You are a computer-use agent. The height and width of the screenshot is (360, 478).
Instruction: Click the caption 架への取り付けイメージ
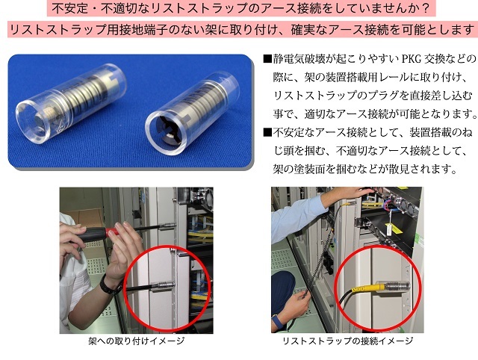[x=137, y=341]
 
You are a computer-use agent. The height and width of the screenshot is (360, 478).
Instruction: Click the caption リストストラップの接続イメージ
[x=348, y=341]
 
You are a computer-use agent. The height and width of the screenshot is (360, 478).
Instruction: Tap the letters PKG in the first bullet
[x=413, y=58]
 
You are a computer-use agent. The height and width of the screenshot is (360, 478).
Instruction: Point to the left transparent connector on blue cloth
[x=71, y=102]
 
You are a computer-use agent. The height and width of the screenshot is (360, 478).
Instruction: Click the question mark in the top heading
[x=426, y=8]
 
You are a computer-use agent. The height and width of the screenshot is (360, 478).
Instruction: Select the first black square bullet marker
[x=267, y=58]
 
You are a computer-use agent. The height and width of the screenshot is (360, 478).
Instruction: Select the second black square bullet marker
[x=267, y=133]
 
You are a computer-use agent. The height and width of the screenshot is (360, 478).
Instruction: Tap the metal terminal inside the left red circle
[x=165, y=285]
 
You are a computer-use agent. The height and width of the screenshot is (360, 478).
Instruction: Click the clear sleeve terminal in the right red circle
[x=394, y=287]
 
